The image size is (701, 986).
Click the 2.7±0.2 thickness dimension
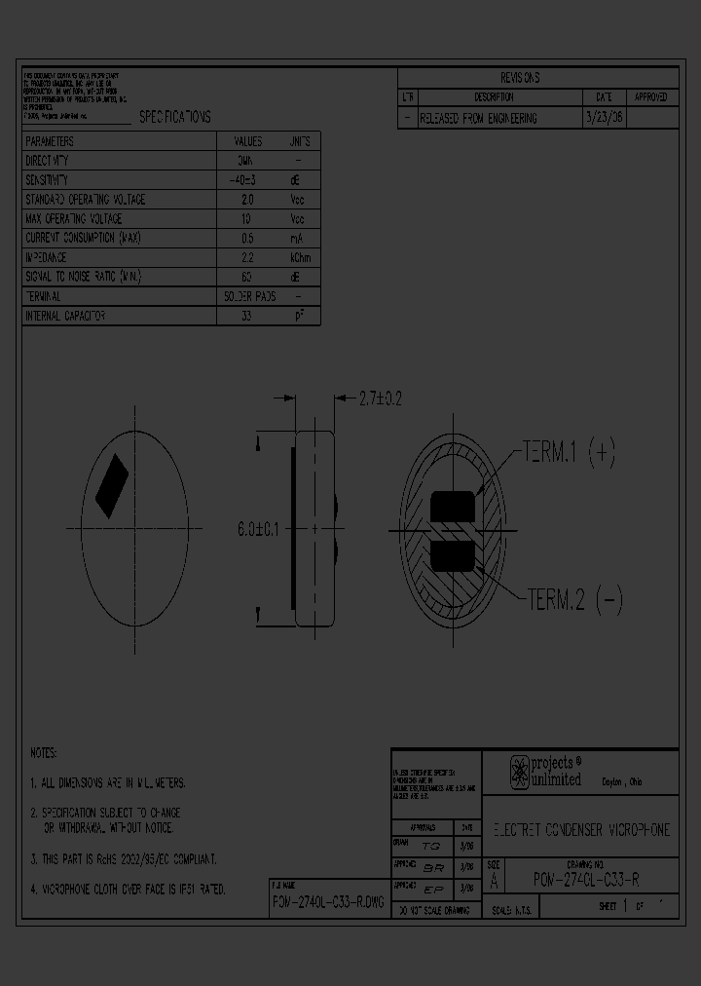pyautogui.click(x=381, y=398)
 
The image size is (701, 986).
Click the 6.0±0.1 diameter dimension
pyautogui.click(x=258, y=529)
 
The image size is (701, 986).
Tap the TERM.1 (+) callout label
pyautogui.click(x=569, y=452)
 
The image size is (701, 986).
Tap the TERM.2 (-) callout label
pyautogui.click(x=572, y=599)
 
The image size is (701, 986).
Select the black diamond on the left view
pyautogui.click(x=111, y=485)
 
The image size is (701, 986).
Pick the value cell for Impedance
pyautogui.click(x=247, y=257)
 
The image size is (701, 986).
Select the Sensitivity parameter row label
pyautogui.click(x=47, y=180)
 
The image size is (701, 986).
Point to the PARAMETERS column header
pyautogui.click(x=50, y=141)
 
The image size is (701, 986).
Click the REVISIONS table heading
pyautogui.click(x=519, y=78)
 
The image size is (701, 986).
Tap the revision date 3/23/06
pyautogui.click(x=603, y=118)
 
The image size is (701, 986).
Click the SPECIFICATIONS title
pyautogui.click(x=174, y=117)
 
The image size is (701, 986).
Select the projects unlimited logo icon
pyautogui.click(x=520, y=772)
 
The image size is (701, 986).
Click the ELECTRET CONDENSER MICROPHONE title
pyautogui.click(x=579, y=830)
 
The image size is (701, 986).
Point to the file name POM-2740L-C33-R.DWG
pyautogui.click(x=328, y=903)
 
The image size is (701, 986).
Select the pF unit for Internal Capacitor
pyautogui.click(x=299, y=317)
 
